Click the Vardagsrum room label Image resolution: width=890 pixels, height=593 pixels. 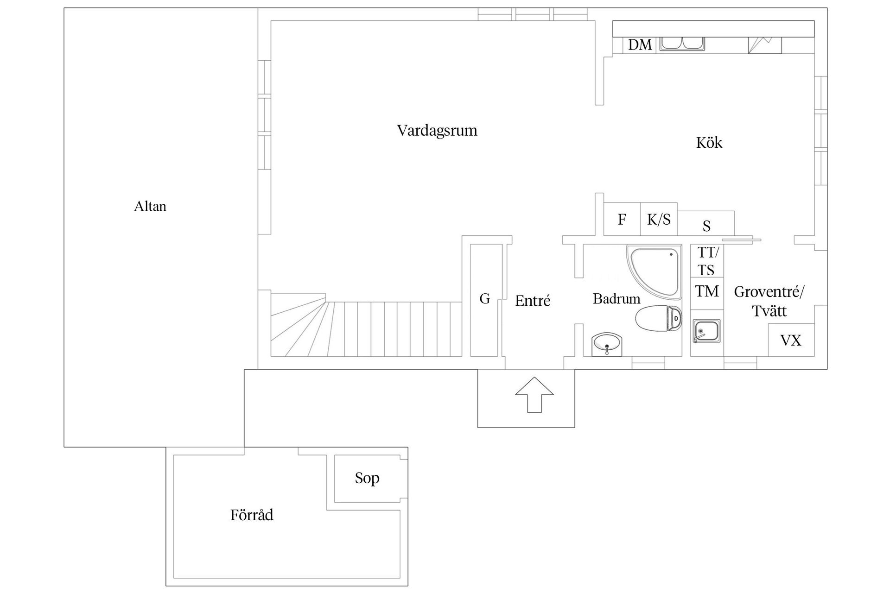(437, 131)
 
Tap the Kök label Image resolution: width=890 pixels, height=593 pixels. (709, 142)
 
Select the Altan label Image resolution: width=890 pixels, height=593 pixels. (150, 206)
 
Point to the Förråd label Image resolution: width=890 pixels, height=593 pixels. (252, 515)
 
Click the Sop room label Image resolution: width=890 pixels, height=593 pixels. (367, 478)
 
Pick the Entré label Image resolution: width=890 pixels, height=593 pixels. (533, 301)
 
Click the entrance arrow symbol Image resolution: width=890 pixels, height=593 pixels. (534, 394)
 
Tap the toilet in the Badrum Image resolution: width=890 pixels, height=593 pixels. (659, 318)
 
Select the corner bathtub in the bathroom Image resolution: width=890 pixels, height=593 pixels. (654, 272)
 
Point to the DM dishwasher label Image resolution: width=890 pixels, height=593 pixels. (640, 45)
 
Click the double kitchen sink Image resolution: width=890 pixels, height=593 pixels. (682, 44)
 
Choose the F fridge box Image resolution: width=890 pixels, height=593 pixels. (622, 219)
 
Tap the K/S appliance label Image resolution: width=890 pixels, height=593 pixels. (659, 219)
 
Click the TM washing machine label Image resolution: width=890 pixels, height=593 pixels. (707, 291)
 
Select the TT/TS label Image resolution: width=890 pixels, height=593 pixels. (707, 261)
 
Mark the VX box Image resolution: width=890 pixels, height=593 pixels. (791, 340)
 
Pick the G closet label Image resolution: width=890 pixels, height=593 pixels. (485, 298)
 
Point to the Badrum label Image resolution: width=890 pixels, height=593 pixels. (617, 299)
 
